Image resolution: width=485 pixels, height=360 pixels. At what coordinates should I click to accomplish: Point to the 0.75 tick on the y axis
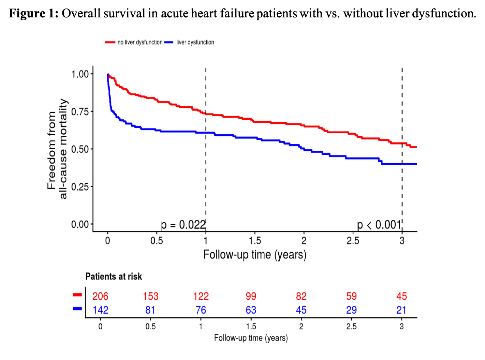80,112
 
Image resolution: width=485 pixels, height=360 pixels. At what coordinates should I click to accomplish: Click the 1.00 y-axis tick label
80,74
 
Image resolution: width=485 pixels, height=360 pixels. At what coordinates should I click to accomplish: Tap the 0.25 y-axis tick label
80,187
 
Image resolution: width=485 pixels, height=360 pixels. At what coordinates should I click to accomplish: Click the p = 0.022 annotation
183,225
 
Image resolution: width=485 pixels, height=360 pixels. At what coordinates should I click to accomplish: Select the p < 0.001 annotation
379,225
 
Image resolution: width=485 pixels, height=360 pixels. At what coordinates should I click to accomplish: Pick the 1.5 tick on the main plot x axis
255,241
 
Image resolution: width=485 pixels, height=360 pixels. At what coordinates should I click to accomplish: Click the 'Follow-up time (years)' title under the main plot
255,255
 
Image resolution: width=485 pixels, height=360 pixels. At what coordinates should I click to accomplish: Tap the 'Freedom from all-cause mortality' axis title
57,149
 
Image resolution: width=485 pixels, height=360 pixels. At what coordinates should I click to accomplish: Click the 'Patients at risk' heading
114,276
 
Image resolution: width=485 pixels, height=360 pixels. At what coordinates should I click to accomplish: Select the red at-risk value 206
100,296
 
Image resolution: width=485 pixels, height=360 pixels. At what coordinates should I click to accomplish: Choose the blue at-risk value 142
100,310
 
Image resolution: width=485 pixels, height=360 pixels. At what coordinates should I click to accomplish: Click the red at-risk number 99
251,296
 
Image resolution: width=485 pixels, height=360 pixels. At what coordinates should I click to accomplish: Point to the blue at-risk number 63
251,310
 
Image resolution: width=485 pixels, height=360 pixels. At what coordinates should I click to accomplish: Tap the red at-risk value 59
352,296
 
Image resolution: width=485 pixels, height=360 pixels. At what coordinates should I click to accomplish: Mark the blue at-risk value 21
401,310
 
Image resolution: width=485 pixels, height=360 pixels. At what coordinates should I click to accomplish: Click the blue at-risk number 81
150,310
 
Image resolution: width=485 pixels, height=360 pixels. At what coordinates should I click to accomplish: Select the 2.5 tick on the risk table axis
352,327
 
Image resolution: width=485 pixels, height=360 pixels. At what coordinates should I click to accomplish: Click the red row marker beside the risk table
77,295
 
